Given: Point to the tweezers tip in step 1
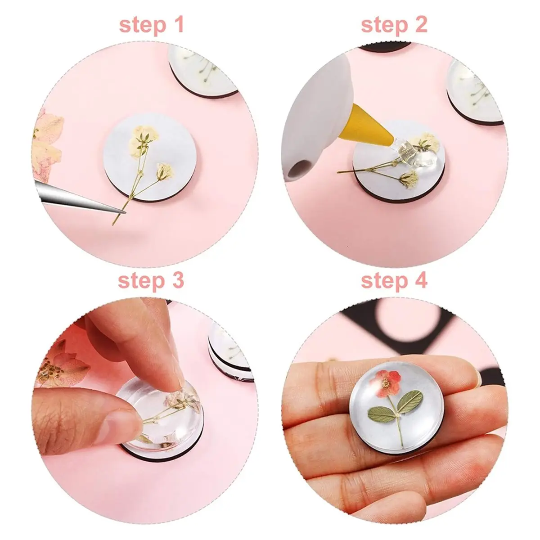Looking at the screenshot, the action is click(125, 212).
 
